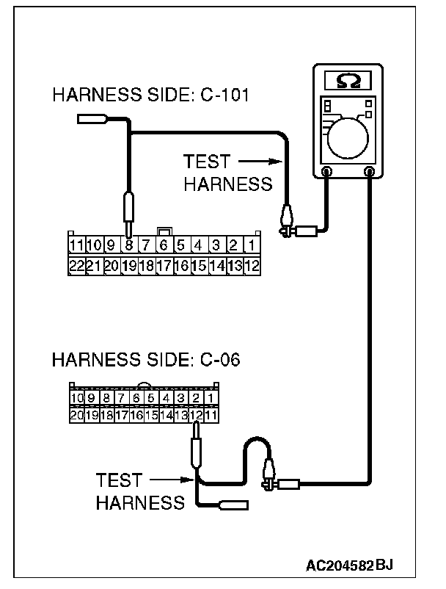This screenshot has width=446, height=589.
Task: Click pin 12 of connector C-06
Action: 196,416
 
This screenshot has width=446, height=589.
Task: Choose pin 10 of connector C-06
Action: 77,399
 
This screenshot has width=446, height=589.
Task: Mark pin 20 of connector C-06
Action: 77,416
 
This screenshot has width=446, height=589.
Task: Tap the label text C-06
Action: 219,361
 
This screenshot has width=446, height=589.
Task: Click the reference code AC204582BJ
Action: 350,565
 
